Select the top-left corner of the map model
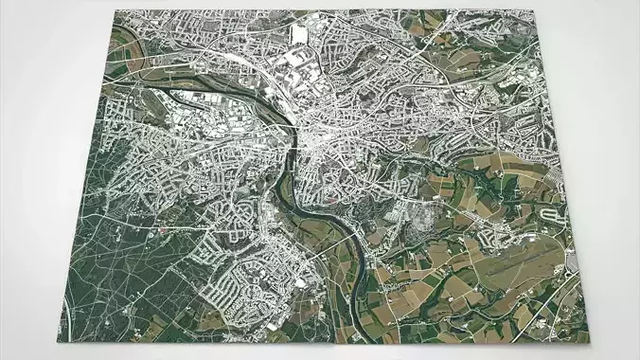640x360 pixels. (117, 11)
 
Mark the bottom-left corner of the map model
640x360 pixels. (62, 338)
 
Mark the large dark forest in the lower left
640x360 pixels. (123, 275)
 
